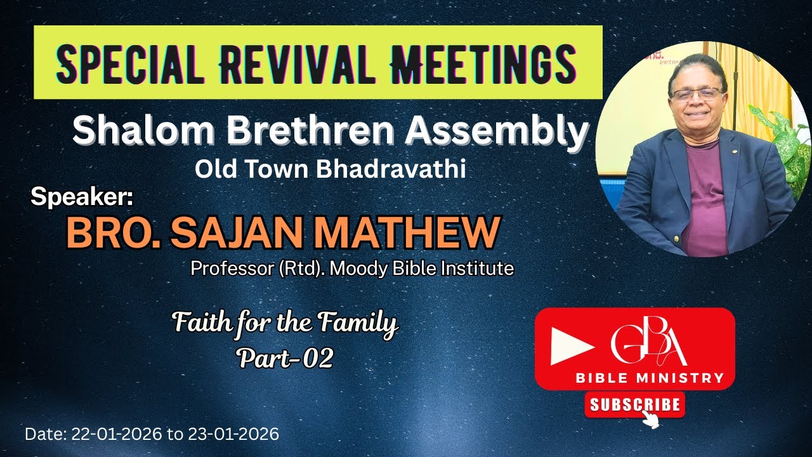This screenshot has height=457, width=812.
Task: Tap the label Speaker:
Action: click(x=82, y=198)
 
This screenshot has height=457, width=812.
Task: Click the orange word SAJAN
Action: click(x=240, y=233)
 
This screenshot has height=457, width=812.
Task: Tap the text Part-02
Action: click(x=285, y=359)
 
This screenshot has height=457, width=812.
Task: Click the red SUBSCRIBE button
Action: click(x=634, y=404)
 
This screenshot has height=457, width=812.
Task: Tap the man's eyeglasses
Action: click(x=697, y=94)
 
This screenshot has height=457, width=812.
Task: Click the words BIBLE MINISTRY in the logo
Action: click(x=650, y=378)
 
